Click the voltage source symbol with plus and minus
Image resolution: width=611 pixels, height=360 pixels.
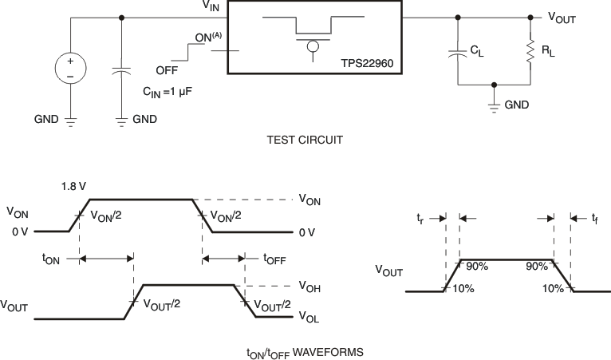(x=70, y=69)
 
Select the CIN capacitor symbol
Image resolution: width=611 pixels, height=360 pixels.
(x=121, y=71)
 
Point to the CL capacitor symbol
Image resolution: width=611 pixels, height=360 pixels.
(x=457, y=54)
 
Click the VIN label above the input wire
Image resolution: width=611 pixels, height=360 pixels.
(x=211, y=7)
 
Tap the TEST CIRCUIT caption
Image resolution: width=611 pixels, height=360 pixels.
(x=305, y=139)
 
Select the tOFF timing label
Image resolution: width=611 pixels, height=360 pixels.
(x=274, y=258)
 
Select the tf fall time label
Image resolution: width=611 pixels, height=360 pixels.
(x=594, y=217)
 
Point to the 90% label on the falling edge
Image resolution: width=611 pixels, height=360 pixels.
(x=538, y=265)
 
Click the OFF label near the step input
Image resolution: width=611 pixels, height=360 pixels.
(x=167, y=69)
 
